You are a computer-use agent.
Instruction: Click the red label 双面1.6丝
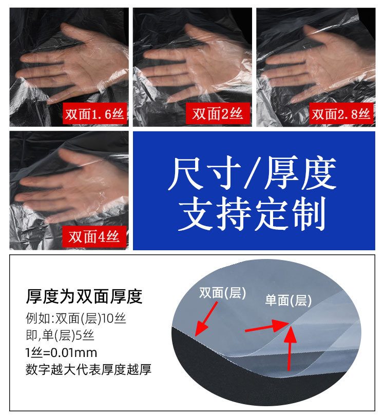(94, 114)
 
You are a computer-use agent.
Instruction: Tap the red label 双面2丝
(218, 114)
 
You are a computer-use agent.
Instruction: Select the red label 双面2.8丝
(341, 114)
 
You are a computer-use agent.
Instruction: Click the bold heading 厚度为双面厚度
(84, 296)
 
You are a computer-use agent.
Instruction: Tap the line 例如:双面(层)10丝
(76, 319)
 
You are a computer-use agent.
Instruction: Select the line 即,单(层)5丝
(60, 336)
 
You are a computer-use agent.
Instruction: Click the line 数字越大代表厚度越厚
(88, 369)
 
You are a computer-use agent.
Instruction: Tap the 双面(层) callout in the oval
(223, 293)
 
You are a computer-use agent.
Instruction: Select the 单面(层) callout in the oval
(288, 301)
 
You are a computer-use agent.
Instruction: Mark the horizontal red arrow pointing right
(264, 327)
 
